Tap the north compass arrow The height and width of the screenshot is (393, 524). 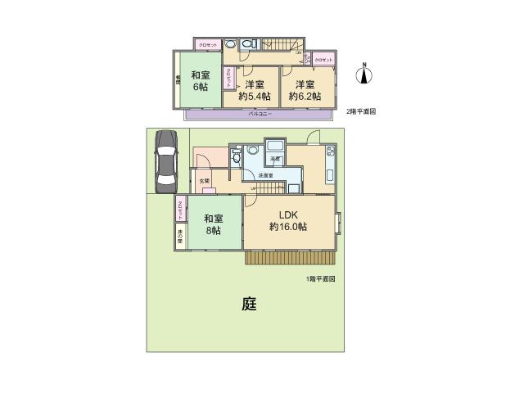[x=365, y=75]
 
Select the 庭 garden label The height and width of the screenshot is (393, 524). [x=250, y=305]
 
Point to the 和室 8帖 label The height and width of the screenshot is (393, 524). [x=213, y=224]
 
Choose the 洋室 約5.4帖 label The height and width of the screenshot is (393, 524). [x=254, y=90]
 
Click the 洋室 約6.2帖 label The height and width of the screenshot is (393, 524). [x=305, y=90]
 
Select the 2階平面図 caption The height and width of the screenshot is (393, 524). [x=360, y=111]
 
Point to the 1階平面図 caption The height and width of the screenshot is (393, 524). [x=321, y=279]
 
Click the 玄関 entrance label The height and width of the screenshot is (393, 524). [x=203, y=181]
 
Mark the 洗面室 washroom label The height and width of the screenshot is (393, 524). [x=266, y=176]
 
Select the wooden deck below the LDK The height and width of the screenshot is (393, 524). [x=290, y=257]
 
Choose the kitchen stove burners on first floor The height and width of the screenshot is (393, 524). [x=330, y=151]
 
